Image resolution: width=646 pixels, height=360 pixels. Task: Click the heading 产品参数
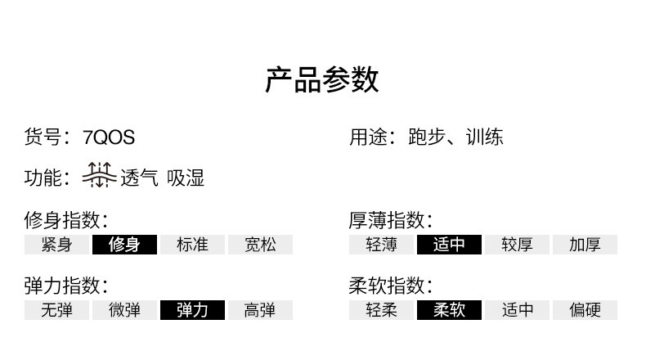(x=322, y=80)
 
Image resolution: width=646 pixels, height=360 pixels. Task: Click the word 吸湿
(x=186, y=178)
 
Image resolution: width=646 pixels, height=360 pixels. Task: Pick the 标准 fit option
(x=191, y=245)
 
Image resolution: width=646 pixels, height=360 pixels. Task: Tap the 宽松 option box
(x=259, y=245)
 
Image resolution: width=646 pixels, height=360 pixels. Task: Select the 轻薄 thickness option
(x=381, y=245)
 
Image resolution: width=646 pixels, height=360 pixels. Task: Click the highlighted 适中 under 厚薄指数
(x=449, y=245)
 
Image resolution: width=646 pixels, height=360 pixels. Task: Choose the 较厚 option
(x=517, y=245)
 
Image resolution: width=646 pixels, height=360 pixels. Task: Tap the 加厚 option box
(x=585, y=245)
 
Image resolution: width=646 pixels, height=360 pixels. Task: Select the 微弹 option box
(x=123, y=310)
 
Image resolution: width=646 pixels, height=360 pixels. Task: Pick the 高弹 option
(x=259, y=310)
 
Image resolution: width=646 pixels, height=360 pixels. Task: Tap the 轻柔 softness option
(x=381, y=310)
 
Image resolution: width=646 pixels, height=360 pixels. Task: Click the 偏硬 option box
(x=585, y=310)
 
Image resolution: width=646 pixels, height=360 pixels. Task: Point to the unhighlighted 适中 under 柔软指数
(x=517, y=310)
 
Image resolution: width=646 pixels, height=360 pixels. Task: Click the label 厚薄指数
(x=390, y=220)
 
